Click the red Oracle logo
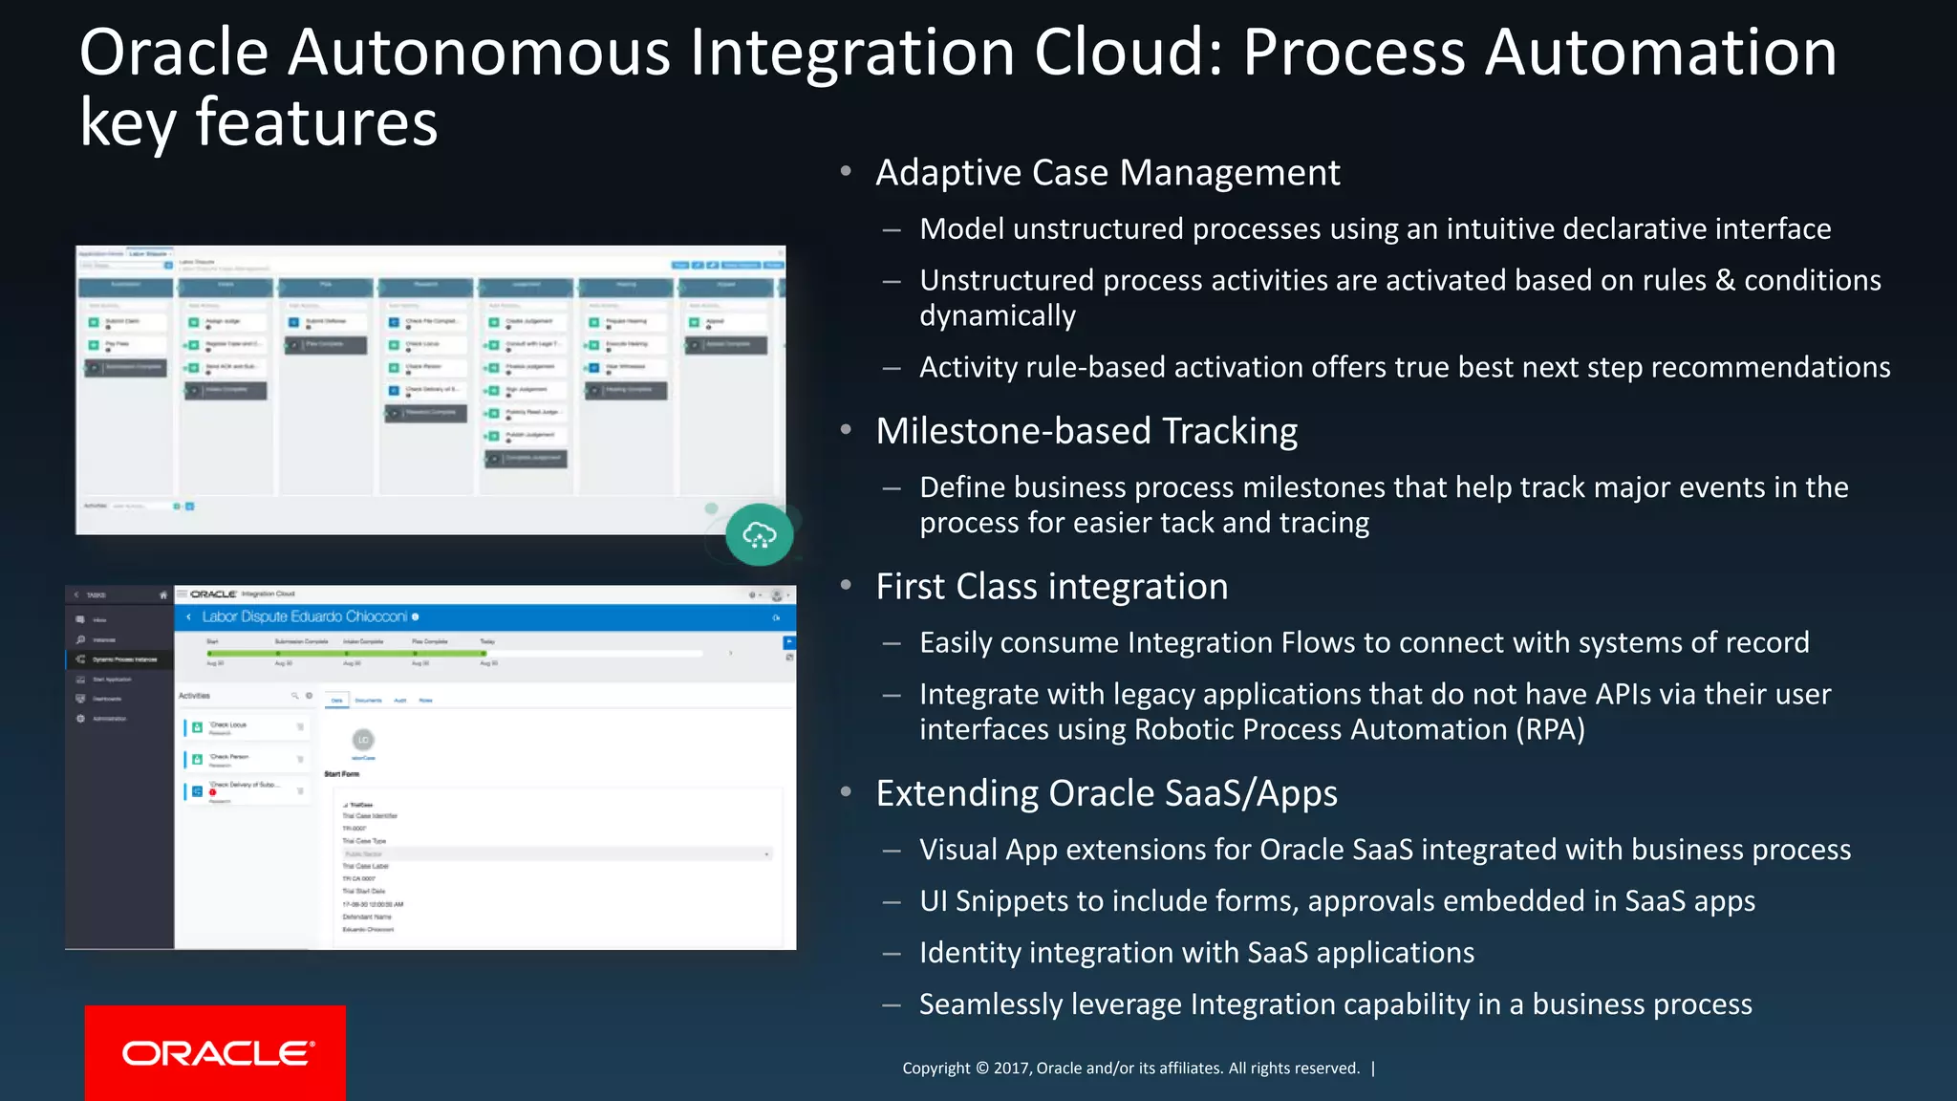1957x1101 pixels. click(215, 1052)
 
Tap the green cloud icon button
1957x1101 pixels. click(759, 534)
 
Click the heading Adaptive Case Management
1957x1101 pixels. click(1108, 173)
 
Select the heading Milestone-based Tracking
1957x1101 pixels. click(1086, 431)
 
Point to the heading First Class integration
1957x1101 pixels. click(1051, 587)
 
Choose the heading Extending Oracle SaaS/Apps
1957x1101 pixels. click(1107, 793)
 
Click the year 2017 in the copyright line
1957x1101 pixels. click(1011, 1069)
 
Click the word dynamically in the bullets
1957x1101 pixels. click(998, 315)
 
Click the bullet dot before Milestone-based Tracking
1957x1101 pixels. click(846, 430)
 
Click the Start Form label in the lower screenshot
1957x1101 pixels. click(342, 774)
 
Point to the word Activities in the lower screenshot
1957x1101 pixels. click(194, 696)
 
